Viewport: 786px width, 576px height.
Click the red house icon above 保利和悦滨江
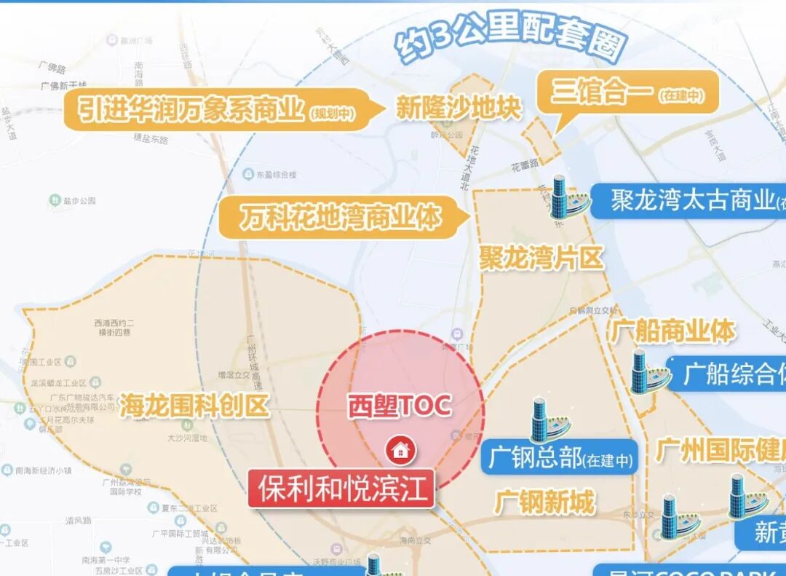point(399,450)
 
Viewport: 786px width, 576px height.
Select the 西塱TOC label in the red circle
point(398,406)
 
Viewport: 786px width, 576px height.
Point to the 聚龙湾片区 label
point(541,257)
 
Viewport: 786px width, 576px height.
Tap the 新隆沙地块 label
point(458,109)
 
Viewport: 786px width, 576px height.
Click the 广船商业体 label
point(672,332)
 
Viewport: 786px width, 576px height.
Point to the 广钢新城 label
point(544,502)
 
